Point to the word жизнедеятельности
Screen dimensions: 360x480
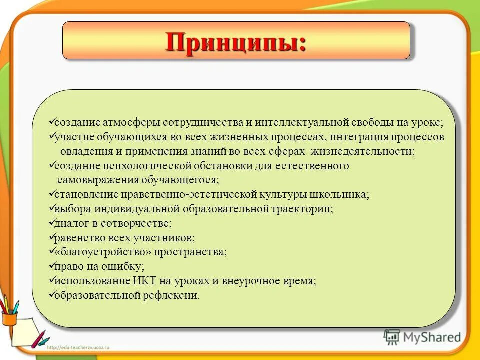pyautogui.click(x=364, y=151)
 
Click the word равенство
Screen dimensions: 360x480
pyautogui.click(x=78, y=238)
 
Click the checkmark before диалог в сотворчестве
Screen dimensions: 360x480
pyautogui.click(x=51, y=223)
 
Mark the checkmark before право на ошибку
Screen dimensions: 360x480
pyautogui.click(x=51, y=266)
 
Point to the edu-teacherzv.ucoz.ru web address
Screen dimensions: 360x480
pyautogui.click(x=80, y=346)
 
